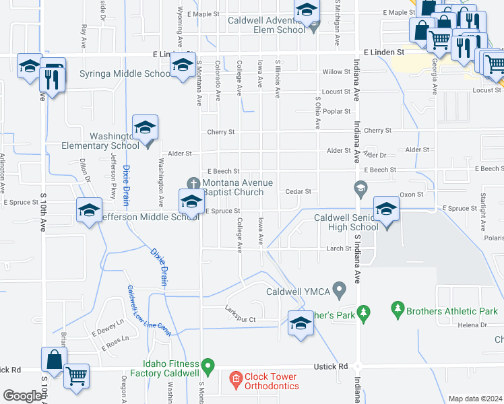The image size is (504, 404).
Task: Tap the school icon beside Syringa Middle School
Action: [182, 66]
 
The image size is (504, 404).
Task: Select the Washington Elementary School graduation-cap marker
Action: [145, 128]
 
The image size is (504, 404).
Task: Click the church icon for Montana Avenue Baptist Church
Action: [193, 183]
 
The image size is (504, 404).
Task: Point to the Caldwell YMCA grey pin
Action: [340, 292]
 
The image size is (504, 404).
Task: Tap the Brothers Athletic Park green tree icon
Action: [398, 311]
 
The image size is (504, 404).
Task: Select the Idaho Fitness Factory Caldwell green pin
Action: [208, 368]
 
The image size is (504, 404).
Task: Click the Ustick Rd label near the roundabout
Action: [329, 366]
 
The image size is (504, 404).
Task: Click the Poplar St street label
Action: [337, 111]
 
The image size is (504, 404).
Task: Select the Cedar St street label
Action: [298, 191]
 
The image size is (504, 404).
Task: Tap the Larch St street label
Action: [339, 248]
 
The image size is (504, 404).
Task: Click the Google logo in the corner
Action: [22, 396]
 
